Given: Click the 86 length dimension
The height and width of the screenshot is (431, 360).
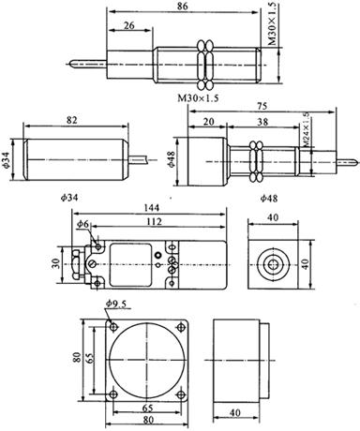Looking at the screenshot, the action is [x=182, y=7].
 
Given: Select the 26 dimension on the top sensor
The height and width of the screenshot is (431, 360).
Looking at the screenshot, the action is [x=128, y=25].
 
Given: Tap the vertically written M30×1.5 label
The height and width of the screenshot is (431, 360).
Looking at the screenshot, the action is [x=273, y=23].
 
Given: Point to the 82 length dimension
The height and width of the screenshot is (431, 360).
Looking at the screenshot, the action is [x=71, y=120].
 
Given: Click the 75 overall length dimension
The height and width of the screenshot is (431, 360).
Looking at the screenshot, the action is [x=262, y=106].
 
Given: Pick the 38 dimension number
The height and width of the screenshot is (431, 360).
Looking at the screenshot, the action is [x=263, y=122].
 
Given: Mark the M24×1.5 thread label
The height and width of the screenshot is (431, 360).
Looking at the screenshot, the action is [x=307, y=128].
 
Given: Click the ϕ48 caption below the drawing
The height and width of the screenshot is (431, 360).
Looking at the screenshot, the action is [x=269, y=198].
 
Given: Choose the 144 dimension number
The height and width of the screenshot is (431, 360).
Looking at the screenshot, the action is [x=151, y=207].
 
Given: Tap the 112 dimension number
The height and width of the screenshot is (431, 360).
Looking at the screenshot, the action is [x=154, y=222].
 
